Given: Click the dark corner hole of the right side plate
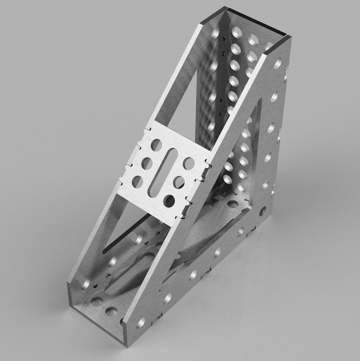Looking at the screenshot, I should tap(262, 211).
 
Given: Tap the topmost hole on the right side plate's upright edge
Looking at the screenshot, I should tap(277, 63).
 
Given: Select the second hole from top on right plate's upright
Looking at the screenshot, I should tap(274, 96).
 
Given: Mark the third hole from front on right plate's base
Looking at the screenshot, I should tap(193, 274).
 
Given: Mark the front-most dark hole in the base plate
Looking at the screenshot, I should tap(110, 311).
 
